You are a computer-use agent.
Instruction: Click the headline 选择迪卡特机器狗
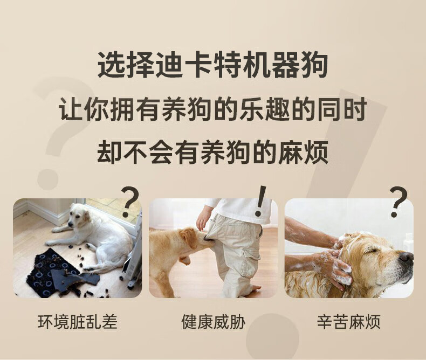point(212,65)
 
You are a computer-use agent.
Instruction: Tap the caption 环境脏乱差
point(78,322)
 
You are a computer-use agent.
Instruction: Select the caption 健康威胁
point(214,322)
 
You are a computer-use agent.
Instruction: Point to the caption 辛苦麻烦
point(349,322)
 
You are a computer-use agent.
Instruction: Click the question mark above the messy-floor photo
point(130,202)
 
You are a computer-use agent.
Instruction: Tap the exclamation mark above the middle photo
point(260,201)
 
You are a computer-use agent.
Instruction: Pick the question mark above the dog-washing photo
point(398,202)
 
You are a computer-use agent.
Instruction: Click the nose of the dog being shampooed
point(407,257)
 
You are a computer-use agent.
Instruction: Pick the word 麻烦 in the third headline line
point(303,152)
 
